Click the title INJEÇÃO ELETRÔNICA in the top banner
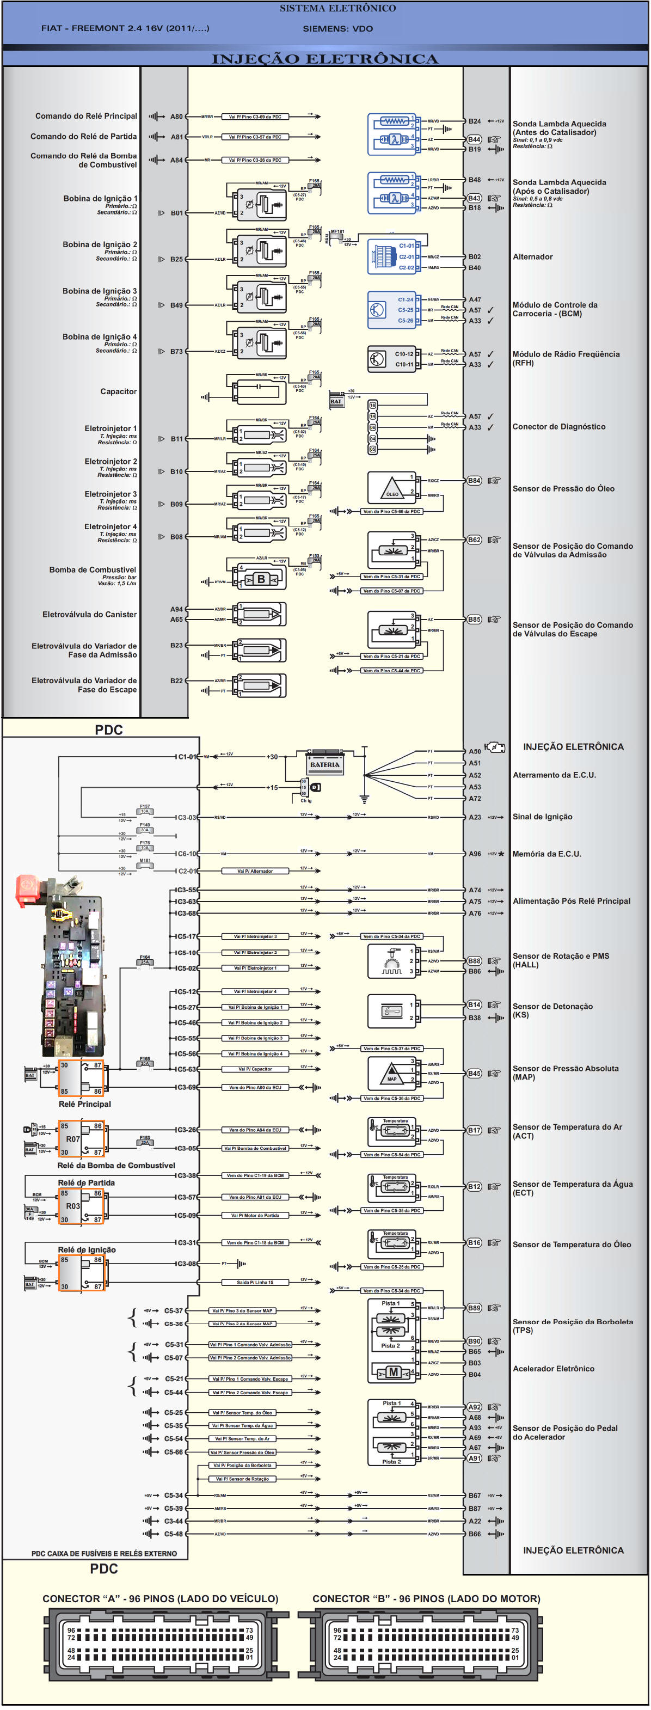(x=324, y=59)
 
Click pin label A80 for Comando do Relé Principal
(x=176, y=117)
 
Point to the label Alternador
(x=532, y=257)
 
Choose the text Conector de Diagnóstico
(x=558, y=427)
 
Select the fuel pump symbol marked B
(x=261, y=579)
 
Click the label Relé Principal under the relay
(x=84, y=1104)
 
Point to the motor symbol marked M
(x=394, y=1371)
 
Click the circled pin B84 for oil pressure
(x=474, y=481)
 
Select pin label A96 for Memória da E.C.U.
(x=475, y=854)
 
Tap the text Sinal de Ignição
(x=542, y=817)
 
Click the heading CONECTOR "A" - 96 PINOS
(x=160, y=1598)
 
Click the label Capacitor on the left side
(x=118, y=391)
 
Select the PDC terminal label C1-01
(x=187, y=757)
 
